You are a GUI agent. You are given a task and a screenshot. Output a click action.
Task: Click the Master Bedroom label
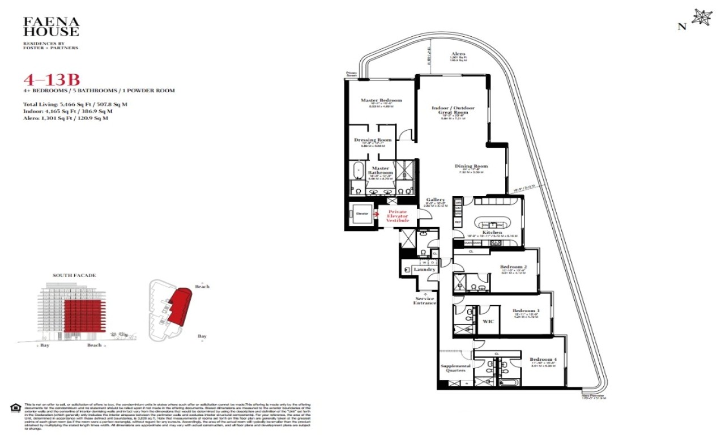pos(381,100)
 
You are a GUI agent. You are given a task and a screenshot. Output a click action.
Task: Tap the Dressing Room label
pos(373,140)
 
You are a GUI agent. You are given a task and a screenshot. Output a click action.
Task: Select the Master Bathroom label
pos(380,170)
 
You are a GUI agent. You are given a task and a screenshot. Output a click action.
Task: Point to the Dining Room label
pos(471,166)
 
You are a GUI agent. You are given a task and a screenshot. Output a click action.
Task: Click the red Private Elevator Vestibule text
pos(398,216)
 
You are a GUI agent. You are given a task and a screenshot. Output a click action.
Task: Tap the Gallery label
pos(436,200)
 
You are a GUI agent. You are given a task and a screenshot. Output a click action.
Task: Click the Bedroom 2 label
pos(513,267)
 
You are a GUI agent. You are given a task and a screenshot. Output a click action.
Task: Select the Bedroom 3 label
pos(526,310)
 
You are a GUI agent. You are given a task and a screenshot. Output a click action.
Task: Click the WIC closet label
pos(488,321)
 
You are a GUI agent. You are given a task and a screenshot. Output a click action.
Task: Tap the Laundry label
pos(424,270)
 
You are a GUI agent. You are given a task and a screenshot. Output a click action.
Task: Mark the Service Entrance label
pos(425,301)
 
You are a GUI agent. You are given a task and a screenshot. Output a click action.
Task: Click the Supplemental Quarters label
pos(455,369)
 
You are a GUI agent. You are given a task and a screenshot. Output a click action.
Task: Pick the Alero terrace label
pos(458,54)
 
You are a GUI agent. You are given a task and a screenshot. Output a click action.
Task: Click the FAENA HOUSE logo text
pos(51,27)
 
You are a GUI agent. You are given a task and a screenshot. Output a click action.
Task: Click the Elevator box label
pos(362,214)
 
